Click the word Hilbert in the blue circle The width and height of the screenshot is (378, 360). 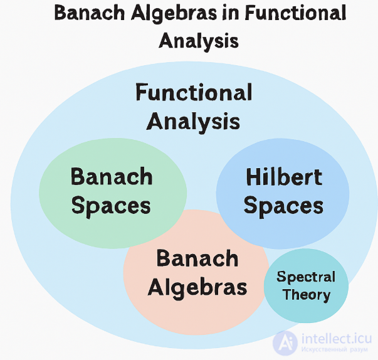[x=284, y=177]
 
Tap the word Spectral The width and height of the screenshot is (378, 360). [x=306, y=277]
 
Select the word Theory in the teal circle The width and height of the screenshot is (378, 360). [x=306, y=294]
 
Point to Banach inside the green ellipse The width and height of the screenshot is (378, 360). [x=112, y=177]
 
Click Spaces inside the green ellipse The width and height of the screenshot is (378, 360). [x=111, y=206]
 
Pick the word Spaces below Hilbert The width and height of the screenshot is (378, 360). [x=283, y=206]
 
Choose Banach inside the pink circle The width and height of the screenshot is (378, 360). [x=197, y=258]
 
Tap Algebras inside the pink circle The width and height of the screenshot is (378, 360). [x=197, y=287]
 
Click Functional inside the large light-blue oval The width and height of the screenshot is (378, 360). [x=194, y=93]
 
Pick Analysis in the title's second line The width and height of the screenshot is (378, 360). [x=198, y=41]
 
